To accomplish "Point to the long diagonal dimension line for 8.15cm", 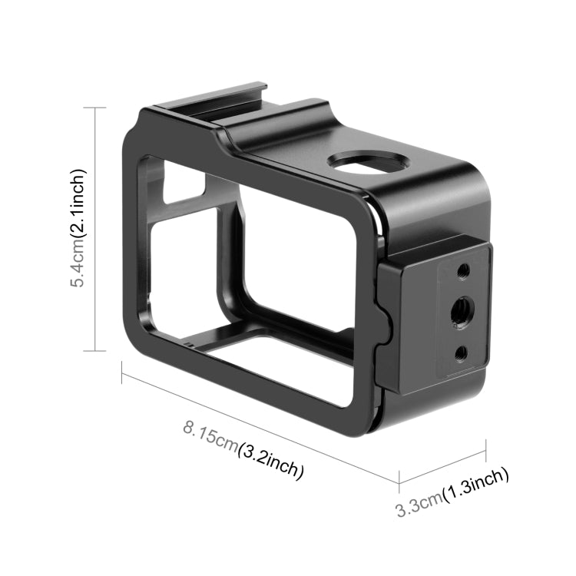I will click(261, 425).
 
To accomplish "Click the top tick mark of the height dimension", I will click(94, 108).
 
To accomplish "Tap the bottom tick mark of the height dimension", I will click(94, 351).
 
